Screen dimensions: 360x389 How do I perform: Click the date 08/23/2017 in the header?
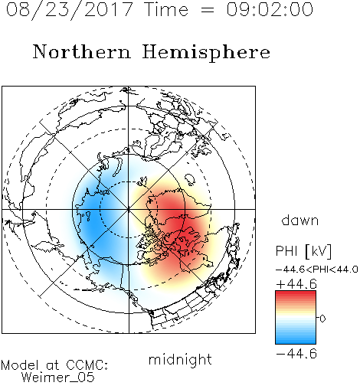click(69, 9)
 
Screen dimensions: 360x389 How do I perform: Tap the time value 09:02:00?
click(270, 9)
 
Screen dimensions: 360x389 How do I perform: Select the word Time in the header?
click(166, 9)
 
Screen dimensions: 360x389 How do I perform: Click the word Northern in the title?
click(82, 51)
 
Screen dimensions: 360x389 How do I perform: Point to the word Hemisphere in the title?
click(206, 52)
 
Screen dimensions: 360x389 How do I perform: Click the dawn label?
click(300, 220)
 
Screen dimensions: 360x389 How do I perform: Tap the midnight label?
click(180, 359)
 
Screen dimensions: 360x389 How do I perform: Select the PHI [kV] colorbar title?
click(303, 251)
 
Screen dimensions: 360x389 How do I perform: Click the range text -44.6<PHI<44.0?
click(317, 270)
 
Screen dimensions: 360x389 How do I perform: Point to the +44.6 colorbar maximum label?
click(296, 284)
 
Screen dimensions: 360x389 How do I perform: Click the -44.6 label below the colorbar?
click(296, 354)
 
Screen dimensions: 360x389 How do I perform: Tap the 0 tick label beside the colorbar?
click(322, 319)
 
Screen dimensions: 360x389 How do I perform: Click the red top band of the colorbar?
click(296, 294)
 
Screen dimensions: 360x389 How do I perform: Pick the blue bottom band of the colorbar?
click(296, 340)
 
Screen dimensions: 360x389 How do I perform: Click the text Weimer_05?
click(58, 378)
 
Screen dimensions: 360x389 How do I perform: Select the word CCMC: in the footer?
click(87, 365)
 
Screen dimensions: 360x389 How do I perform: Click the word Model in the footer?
click(20, 365)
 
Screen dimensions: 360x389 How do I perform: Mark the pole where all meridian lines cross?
click(129, 209)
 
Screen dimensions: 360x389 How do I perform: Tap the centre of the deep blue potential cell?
click(93, 217)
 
